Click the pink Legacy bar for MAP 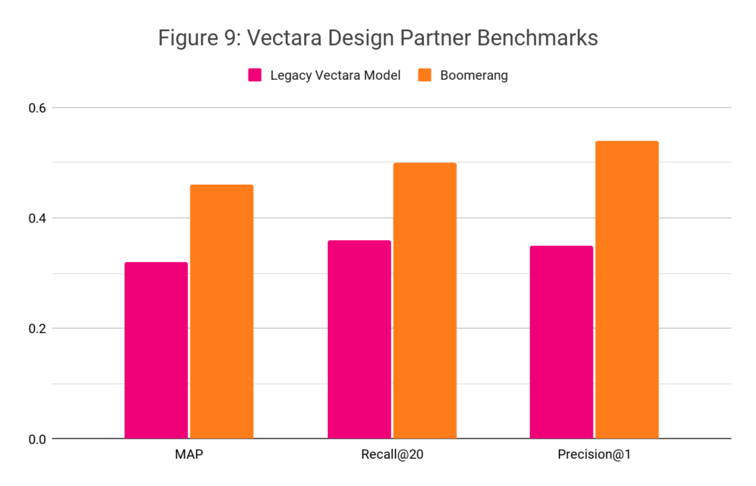point(156,350)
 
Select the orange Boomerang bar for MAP point(221,311)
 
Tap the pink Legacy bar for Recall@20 point(359,339)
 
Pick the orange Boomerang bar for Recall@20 point(425,300)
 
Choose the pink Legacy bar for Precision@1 point(561,342)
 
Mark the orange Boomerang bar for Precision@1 point(627,290)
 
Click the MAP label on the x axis point(189,454)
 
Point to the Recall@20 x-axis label point(391,454)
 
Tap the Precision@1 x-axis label point(594,454)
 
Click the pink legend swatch point(255,75)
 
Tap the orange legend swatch point(425,75)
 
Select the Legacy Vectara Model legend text point(335,75)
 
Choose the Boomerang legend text point(473,75)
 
